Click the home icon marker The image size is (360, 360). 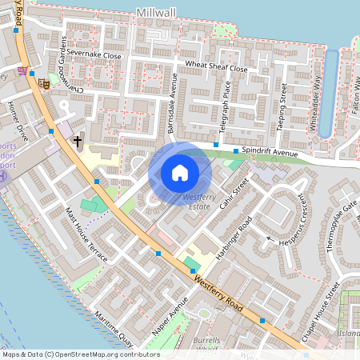(x=180, y=172)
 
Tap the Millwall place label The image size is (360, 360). (x=156, y=14)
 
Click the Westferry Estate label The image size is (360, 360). (x=197, y=202)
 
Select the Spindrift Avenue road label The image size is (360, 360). (x=271, y=152)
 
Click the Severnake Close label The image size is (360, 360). (x=94, y=56)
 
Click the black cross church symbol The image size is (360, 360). (x=78, y=142)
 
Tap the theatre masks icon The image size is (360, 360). (x=45, y=82)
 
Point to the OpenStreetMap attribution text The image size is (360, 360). (x=80, y=354)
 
